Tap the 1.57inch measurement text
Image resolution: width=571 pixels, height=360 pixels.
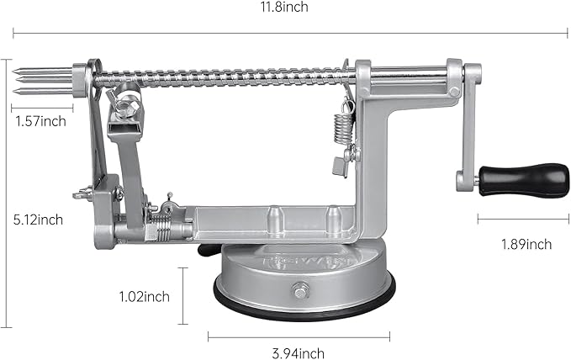click(x=40, y=121)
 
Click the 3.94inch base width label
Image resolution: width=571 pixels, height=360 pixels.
click(x=298, y=353)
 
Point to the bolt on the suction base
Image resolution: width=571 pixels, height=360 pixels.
click(x=299, y=291)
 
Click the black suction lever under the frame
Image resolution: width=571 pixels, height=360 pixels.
click(x=205, y=249)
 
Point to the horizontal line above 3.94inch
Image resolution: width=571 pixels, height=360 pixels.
click(x=298, y=337)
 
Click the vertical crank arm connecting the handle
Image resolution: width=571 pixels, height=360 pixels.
click(x=468, y=126)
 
